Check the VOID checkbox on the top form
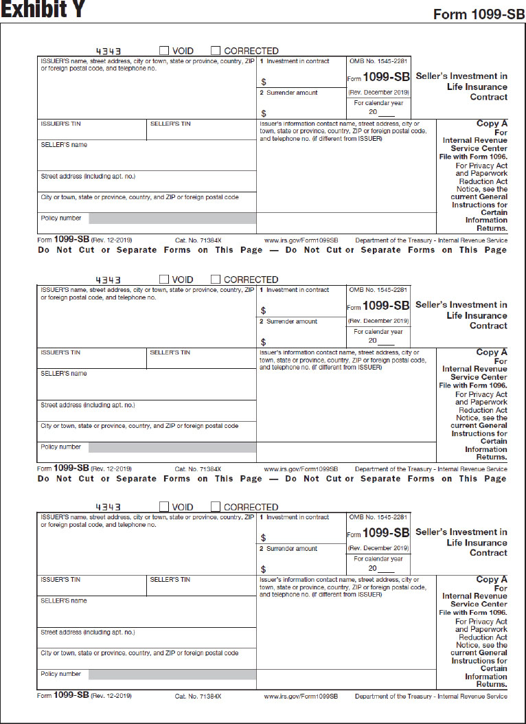164,50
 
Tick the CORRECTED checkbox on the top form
216,50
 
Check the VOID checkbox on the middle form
164,279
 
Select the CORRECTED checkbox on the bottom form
216,506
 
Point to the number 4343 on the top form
108,51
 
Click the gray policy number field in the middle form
172,447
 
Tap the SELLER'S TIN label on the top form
170,124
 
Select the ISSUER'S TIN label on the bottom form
60,580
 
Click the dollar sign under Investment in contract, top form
263,82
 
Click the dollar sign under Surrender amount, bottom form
263,569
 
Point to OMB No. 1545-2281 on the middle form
378,290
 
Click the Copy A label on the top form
492,124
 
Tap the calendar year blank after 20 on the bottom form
386,569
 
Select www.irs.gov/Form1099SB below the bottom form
301,697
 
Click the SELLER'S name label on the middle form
64,374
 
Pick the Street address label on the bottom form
88,632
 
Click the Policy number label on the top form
60,218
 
